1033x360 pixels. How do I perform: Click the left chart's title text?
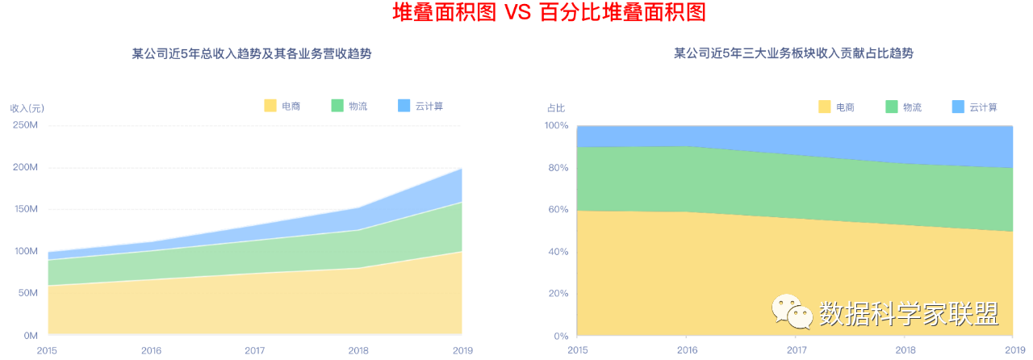tap(257, 54)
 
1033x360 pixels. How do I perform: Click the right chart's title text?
tap(793, 54)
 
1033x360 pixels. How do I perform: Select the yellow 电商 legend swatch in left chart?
tap(270, 106)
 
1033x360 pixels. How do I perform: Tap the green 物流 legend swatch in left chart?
tap(337, 106)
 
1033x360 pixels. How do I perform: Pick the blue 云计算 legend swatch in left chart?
tap(404, 106)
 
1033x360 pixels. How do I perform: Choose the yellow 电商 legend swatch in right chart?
tap(825, 107)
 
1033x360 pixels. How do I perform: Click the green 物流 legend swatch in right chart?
tap(892, 107)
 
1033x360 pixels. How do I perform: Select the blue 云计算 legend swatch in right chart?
tap(959, 107)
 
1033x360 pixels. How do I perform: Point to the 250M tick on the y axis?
tap(25, 126)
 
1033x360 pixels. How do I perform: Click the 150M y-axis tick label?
tap(25, 210)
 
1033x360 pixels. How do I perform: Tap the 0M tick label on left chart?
tap(31, 336)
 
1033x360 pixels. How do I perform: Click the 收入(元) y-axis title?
tap(27, 108)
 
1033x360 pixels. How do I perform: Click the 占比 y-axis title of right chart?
tap(556, 108)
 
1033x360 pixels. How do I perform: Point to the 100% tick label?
tap(556, 126)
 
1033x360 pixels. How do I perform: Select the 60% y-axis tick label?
tap(558, 210)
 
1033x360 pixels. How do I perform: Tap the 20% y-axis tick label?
tap(558, 294)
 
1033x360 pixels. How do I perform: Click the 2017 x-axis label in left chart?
tap(255, 351)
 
